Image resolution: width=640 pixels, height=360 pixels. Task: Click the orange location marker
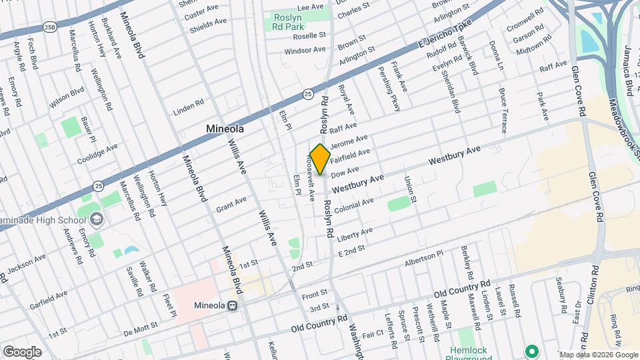pos(321,159)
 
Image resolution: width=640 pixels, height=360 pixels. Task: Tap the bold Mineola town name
pos(225,129)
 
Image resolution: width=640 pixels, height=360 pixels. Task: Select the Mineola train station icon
pos(233,306)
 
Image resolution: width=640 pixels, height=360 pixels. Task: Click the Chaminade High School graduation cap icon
pos(97,219)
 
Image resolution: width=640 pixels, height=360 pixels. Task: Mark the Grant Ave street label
pos(231,201)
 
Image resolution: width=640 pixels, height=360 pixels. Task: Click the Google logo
pos(22,351)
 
